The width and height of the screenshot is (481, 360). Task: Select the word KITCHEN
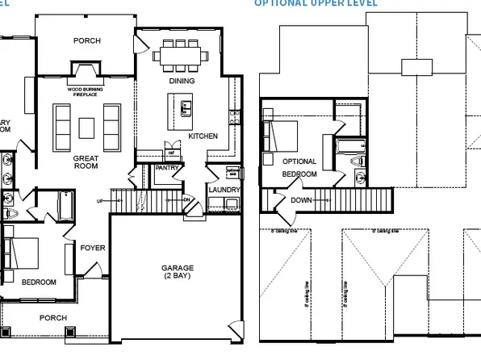pos(203,136)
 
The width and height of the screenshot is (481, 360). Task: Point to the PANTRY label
pos(167,168)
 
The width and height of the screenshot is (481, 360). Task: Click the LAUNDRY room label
pos(224,190)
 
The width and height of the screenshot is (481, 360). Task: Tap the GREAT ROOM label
pos(86,161)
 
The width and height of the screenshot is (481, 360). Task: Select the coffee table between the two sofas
pos(86,125)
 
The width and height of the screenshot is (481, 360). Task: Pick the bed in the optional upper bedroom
pos(281,135)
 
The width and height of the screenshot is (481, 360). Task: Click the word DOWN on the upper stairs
pos(301,199)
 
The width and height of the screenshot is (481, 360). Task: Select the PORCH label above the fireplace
pos(86,40)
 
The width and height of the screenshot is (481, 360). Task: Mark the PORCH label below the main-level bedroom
pos(53,317)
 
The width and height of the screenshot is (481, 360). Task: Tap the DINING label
pos(182,81)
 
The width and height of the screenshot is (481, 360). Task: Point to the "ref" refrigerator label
pos(170,151)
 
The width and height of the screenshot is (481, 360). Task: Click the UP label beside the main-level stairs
pos(99,200)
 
